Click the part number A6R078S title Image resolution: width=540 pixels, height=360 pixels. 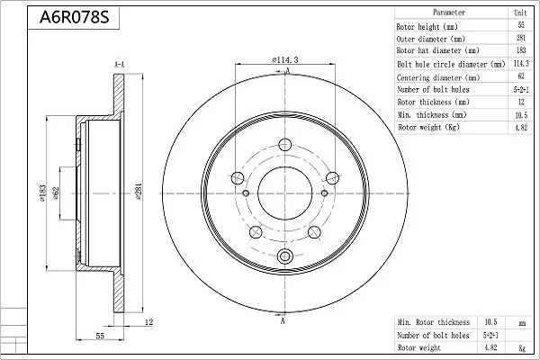[74, 17]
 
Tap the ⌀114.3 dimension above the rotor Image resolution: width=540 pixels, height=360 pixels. [284, 59]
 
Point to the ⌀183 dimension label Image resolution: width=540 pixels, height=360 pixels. [42, 193]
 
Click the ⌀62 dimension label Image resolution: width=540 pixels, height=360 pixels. [56, 193]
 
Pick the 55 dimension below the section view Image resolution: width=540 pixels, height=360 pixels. [100, 336]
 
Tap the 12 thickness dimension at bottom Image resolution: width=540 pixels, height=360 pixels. [148, 322]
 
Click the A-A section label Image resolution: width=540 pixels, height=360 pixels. [119, 65]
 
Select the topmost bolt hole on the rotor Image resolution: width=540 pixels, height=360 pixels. [284, 144]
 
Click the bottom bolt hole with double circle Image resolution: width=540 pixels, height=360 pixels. [284, 256]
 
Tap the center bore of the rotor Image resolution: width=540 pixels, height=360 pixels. [284, 193]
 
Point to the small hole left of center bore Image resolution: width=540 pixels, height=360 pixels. [246, 193]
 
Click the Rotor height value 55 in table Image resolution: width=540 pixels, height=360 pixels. [521, 25]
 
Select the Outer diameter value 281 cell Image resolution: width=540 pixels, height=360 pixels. [521, 38]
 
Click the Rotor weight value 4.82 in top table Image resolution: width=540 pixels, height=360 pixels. [521, 128]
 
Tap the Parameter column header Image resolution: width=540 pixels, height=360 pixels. [449, 13]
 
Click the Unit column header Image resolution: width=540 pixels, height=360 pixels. [520, 13]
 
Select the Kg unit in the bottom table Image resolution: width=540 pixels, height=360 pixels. [522, 348]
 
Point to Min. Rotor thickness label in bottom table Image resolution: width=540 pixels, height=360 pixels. [434, 322]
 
